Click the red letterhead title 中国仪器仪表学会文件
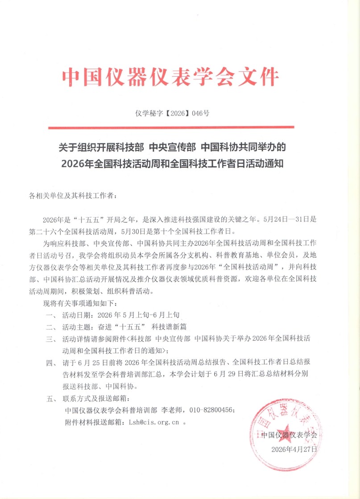[x=170, y=78]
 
